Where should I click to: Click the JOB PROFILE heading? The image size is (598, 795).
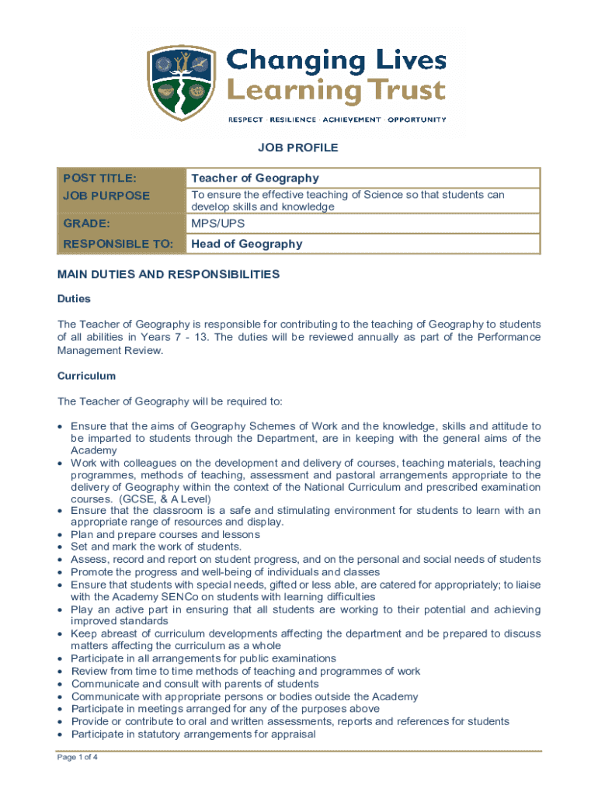(299, 148)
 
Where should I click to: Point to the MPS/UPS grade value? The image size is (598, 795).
(218, 224)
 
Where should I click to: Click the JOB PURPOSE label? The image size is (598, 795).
(106, 196)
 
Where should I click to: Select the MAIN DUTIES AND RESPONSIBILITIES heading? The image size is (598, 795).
(169, 274)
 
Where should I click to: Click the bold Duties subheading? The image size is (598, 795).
(74, 298)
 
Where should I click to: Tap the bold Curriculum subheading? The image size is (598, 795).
(86, 376)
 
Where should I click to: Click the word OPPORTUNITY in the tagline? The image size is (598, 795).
(417, 120)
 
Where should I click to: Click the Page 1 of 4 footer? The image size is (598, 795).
(78, 759)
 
